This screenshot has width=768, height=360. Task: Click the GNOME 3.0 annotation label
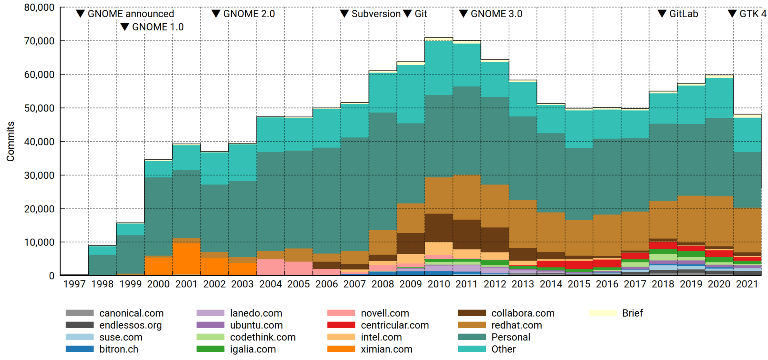pos(496,14)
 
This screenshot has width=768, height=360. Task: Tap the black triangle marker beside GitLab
pos(662,14)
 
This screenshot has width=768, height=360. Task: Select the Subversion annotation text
pos(376,14)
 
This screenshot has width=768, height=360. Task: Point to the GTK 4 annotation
pos(752,14)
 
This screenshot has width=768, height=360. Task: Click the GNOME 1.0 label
pos(158,27)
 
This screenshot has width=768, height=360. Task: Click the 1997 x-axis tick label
pos(74,284)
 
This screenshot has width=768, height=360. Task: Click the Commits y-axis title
pos(10,141)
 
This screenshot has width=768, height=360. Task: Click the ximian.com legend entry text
pos(387,349)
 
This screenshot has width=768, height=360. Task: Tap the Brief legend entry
pos(632,313)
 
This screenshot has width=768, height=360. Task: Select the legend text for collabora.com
pos(523,313)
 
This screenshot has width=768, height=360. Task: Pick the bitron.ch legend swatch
pos(79,349)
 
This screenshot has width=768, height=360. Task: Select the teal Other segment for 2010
pos(438,67)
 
